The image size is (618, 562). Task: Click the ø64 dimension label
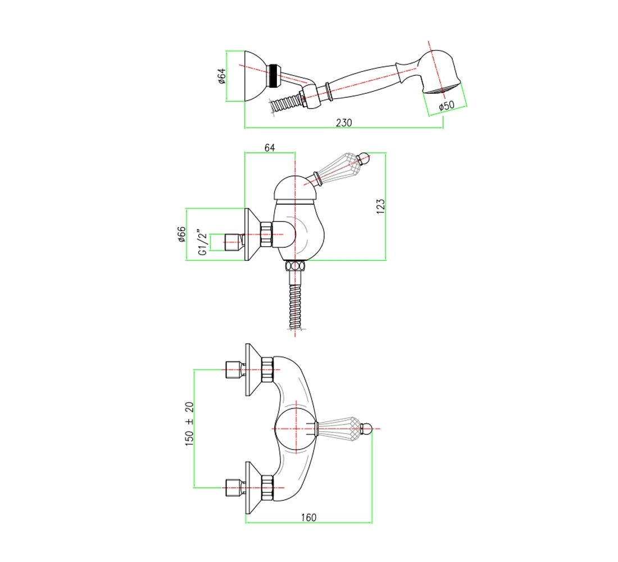(222, 76)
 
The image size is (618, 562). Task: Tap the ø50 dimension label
(447, 106)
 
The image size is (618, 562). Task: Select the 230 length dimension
(344, 123)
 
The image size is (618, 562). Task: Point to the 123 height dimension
(380, 206)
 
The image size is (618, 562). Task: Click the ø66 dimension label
(181, 234)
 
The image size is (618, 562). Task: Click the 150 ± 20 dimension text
(189, 424)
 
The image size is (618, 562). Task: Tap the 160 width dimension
(308, 517)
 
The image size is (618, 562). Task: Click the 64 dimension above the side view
(270, 147)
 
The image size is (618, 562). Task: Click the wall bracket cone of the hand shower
(256, 76)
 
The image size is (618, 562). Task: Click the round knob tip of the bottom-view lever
(366, 428)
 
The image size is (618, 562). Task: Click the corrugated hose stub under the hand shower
(284, 104)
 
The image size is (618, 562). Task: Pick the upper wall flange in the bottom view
(254, 370)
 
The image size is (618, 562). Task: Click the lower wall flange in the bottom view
(254, 487)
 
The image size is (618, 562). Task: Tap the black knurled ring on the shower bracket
(272, 76)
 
